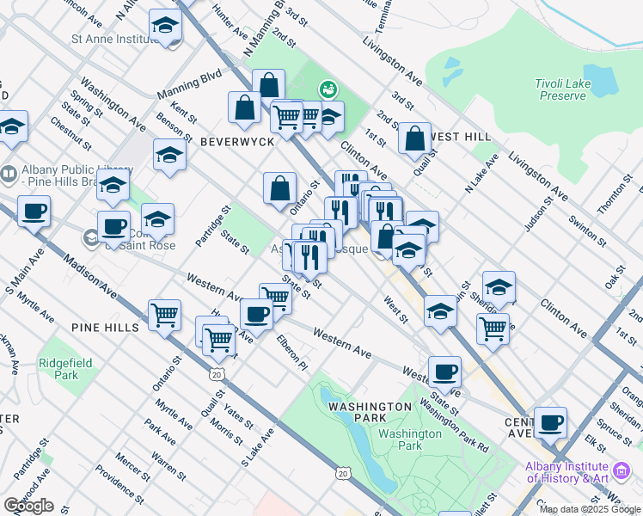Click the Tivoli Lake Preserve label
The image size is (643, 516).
coord(562,89)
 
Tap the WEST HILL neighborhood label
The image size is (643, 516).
coord(461,137)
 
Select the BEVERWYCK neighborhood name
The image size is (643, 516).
coord(236,140)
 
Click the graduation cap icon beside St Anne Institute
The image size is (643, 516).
coord(165,27)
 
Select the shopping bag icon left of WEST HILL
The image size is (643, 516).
coord(415,138)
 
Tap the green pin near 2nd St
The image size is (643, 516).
coord(327,88)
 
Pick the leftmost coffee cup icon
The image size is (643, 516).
coord(34,212)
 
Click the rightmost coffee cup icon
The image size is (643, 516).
coord(550,422)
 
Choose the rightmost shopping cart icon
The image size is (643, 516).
coord(493,328)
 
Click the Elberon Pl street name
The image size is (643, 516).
coord(291,353)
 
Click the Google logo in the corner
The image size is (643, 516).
coord(28,506)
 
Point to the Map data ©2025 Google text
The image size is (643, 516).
coord(591,509)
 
